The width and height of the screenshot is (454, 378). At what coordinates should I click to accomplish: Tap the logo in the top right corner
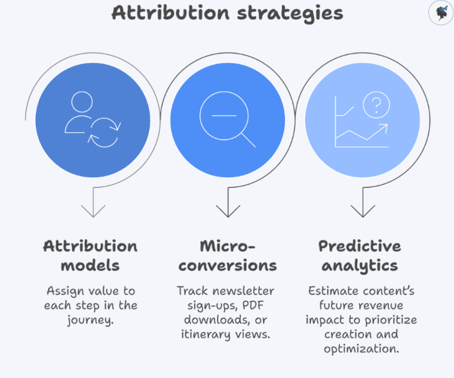(440, 13)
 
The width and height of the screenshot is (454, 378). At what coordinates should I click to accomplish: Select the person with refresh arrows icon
(92, 119)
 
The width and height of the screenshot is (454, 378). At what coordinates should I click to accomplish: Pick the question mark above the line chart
(376, 106)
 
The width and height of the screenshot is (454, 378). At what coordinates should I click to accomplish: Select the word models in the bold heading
(90, 265)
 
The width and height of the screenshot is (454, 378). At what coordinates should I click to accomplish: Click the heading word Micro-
(227, 246)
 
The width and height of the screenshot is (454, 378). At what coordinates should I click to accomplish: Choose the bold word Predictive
(360, 246)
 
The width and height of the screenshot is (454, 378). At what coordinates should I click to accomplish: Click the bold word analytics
(360, 265)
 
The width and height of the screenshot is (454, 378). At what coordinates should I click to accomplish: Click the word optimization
(361, 348)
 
